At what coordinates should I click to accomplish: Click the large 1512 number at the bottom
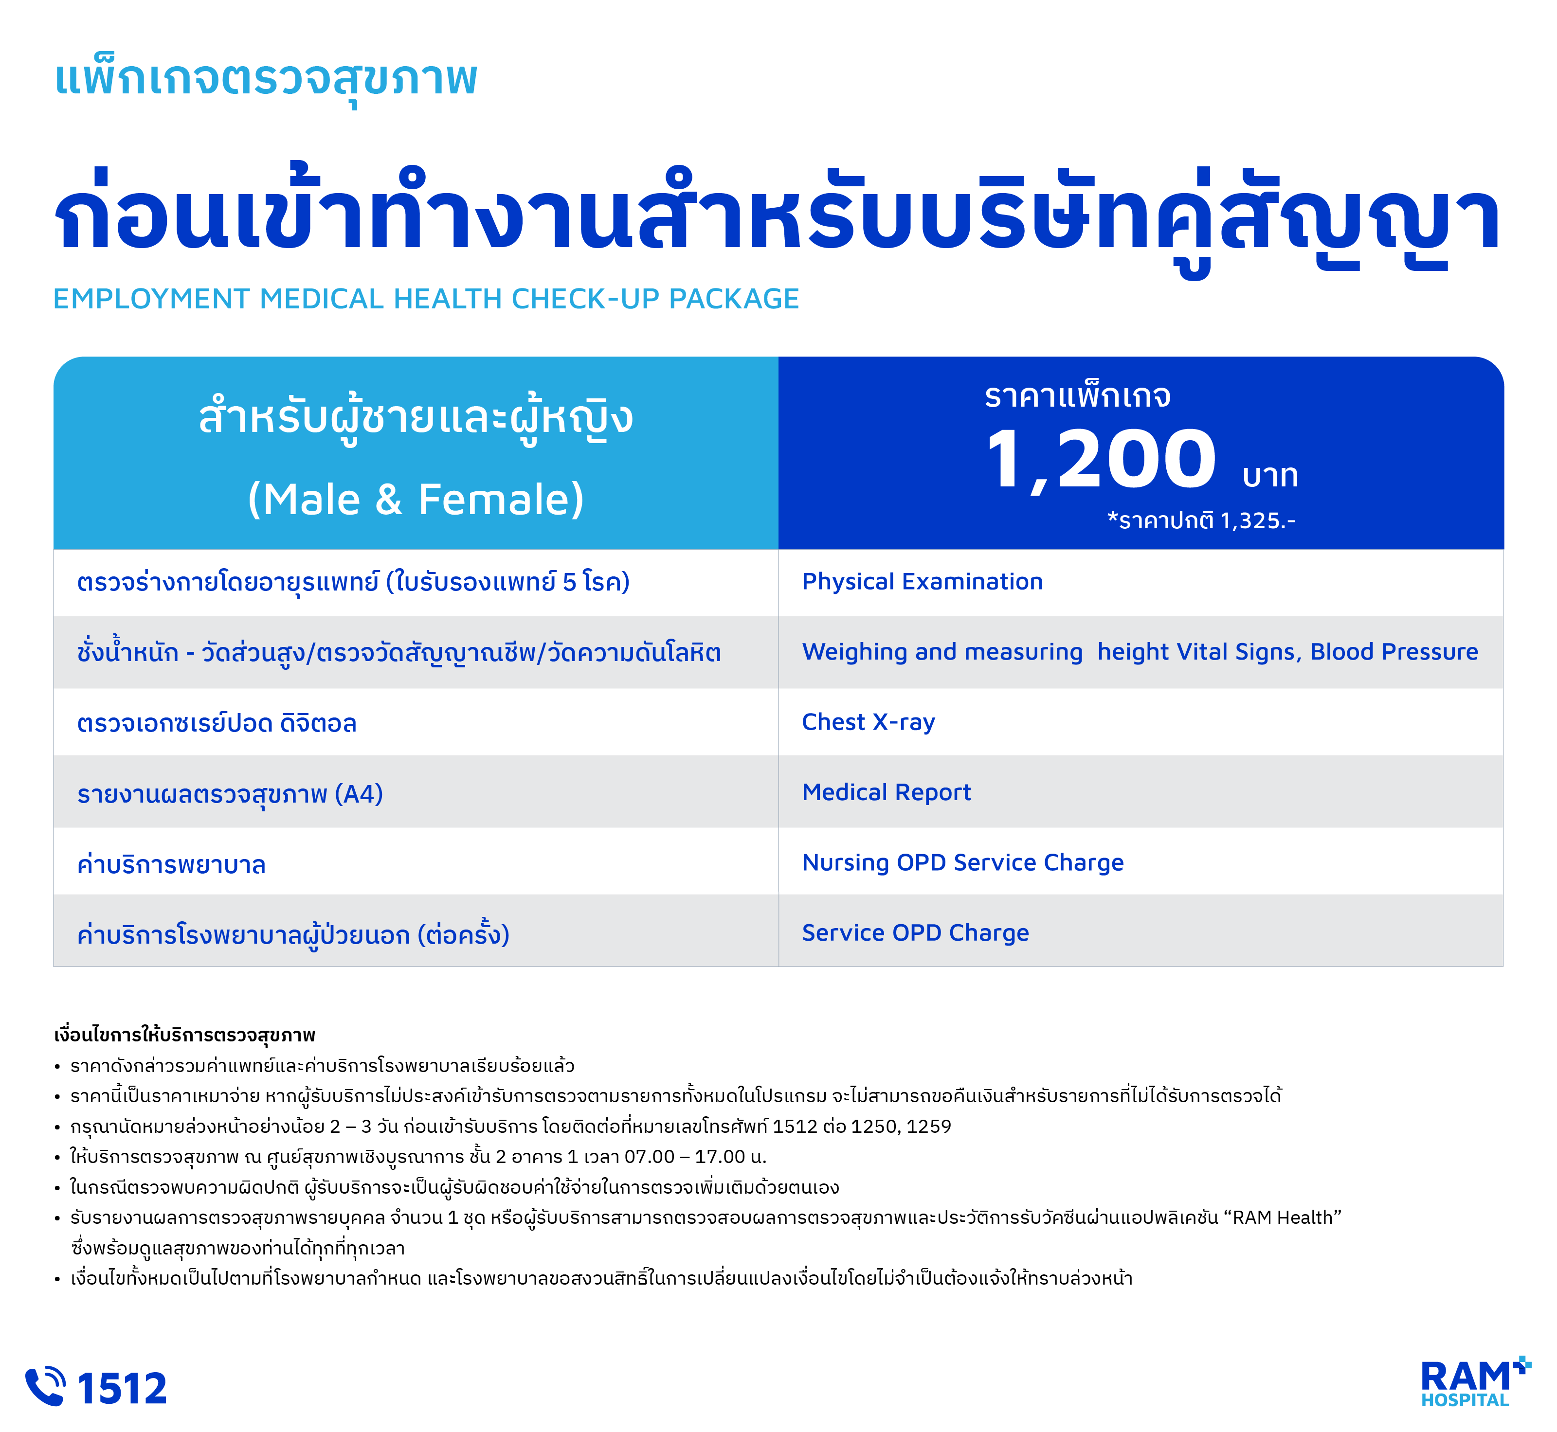tap(123, 1388)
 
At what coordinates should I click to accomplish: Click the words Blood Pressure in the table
tap(1394, 652)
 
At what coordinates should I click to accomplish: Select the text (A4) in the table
tap(359, 794)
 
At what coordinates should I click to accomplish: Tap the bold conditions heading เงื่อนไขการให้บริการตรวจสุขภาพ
tap(184, 1035)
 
